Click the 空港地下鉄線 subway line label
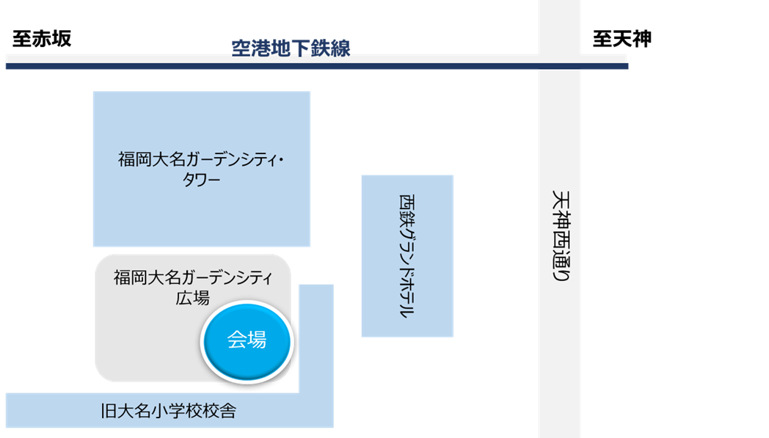(291, 49)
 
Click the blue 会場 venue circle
(247, 340)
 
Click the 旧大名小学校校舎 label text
(169, 412)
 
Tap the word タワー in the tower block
(201, 180)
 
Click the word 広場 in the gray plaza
(192, 299)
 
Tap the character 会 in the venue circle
(236, 340)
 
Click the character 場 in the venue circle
(256, 340)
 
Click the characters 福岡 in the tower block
(134, 159)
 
